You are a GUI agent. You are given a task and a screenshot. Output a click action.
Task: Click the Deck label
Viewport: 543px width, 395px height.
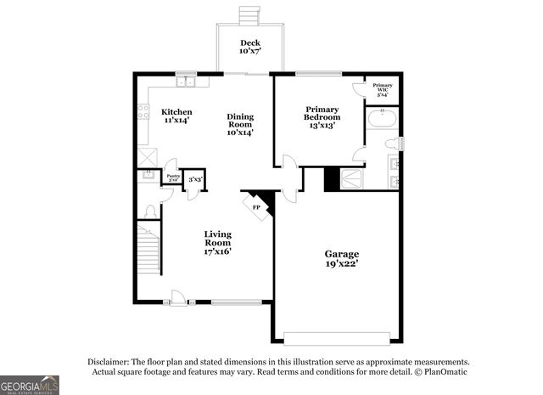pos(249,47)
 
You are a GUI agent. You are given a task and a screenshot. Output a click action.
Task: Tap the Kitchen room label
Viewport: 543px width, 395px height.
pos(176,116)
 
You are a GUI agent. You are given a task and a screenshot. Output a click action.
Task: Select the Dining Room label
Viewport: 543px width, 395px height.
pos(240,124)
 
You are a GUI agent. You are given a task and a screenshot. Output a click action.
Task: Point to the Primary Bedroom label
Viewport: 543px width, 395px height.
pos(322,116)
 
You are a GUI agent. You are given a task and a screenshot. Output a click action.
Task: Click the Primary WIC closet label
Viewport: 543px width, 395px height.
pos(383,88)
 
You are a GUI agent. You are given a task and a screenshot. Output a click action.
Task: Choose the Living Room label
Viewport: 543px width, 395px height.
pos(218,241)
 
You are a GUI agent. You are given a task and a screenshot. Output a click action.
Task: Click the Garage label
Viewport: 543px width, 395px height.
pos(342,258)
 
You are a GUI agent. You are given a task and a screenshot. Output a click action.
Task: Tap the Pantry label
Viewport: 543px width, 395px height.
pos(172,177)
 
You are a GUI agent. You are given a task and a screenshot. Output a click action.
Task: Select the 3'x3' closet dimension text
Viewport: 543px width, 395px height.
pos(194,179)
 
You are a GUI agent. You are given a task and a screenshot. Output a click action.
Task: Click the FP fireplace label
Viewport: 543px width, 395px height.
pos(256,206)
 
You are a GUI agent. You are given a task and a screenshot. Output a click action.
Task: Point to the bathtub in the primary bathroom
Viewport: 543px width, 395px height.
pos(382,118)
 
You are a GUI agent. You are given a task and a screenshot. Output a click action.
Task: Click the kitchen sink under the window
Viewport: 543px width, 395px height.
pos(187,82)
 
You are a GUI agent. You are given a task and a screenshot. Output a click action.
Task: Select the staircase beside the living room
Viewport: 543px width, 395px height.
pos(148,251)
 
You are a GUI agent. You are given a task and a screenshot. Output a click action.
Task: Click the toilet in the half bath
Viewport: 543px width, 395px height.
pos(149,210)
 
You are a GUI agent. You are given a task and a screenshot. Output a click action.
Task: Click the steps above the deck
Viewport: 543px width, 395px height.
pos(249,16)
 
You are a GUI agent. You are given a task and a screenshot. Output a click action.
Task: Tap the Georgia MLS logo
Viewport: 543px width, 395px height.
pos(30,385)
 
